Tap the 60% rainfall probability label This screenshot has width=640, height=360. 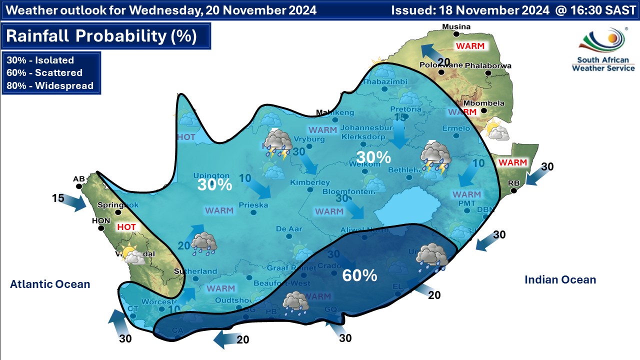359,275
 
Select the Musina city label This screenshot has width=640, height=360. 455,26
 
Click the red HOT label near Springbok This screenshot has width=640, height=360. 126,227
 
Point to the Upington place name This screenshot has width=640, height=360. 214,176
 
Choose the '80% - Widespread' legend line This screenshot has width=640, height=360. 50,85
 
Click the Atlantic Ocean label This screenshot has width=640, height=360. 50,284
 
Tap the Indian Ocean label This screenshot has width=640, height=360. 560,280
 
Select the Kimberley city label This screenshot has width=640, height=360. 310,182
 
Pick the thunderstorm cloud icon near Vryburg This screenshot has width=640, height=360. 278,143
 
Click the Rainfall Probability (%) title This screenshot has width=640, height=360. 101,36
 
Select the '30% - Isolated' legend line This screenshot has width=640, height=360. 40,60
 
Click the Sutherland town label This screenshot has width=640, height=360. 195,271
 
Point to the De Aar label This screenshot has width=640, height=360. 289,229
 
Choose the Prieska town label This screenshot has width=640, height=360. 253,205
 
